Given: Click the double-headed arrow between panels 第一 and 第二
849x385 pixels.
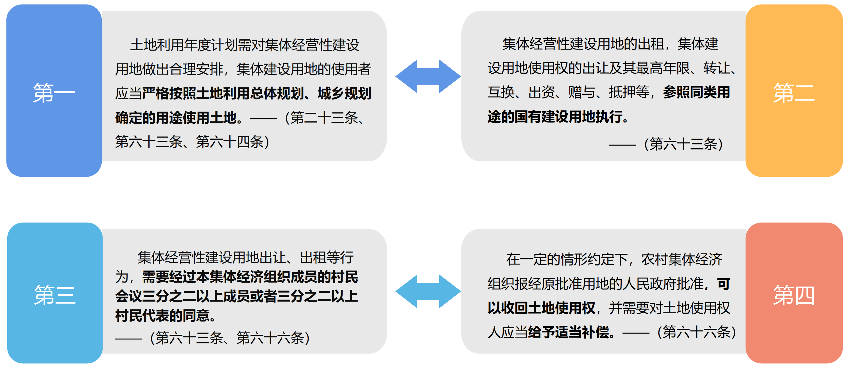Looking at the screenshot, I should click(428, 76).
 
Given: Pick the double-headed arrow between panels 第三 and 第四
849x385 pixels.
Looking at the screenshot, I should click(428, 291).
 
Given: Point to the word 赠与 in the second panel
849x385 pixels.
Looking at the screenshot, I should click(582, 92).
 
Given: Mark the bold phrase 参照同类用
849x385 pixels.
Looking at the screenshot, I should click(696, 92).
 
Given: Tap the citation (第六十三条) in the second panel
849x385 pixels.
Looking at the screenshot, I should click(683, 144).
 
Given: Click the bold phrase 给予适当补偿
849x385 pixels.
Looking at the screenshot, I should click(568, 332).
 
